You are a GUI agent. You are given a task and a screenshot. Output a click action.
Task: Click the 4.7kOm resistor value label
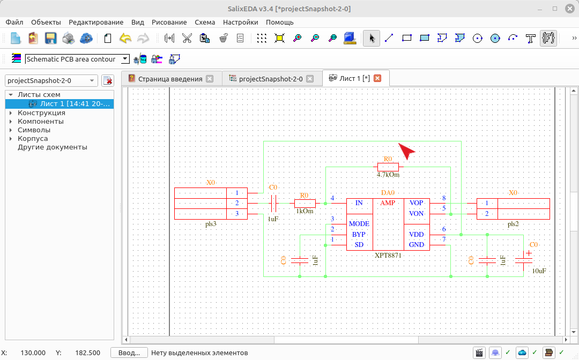tap(388, 175)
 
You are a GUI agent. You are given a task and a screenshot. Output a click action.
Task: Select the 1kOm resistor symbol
tap(305, 203)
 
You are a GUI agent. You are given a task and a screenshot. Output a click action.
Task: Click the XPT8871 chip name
tap(388, 255)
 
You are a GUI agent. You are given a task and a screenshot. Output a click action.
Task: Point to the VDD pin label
tap(416, 235)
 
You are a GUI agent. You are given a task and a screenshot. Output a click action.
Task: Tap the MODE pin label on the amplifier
tap(359, 224)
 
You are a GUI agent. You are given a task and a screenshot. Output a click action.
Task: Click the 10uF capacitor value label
tap(539, 271)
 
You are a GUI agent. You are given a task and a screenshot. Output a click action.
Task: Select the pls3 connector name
tap(211, 224)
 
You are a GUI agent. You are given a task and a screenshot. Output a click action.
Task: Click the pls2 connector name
tap(513, 224)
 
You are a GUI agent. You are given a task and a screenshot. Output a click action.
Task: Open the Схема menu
tap(205, 22)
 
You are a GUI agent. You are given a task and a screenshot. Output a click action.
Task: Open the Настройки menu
tap(240, 22)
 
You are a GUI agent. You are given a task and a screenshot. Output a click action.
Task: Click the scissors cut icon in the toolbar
tap(187, 38)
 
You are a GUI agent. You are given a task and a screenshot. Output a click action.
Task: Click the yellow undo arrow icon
tap(125, 38)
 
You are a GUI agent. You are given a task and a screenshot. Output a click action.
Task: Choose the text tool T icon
tap(530, 38)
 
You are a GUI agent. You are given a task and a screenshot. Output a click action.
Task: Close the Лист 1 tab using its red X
tap(377, 78)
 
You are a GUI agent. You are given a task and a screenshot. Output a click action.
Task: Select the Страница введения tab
tap(170, 79)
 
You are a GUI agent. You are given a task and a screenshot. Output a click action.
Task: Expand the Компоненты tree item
tap(11, 122)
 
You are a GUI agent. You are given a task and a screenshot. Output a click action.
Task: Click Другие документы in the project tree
tap(53, 147)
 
